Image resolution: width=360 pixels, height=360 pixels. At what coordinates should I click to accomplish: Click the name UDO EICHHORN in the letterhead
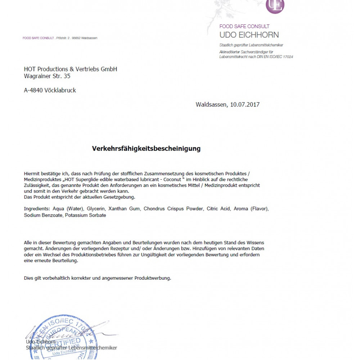249,35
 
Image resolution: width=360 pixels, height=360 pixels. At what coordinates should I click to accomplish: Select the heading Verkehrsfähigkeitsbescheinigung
146,148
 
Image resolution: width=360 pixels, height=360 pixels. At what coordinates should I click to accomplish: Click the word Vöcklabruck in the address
60,91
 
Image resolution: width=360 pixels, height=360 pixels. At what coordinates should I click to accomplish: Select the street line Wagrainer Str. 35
47,76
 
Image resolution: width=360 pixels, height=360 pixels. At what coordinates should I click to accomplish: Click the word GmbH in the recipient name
109,69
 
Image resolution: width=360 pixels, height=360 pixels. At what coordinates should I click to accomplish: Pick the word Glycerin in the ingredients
96,209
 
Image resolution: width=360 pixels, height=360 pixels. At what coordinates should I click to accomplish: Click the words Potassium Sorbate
85,215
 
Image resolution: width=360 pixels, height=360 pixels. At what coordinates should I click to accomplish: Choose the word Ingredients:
36,209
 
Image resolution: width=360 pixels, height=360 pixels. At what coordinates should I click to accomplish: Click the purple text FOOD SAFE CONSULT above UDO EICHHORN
244,26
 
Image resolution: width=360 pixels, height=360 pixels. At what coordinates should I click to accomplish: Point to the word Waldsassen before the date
211,105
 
